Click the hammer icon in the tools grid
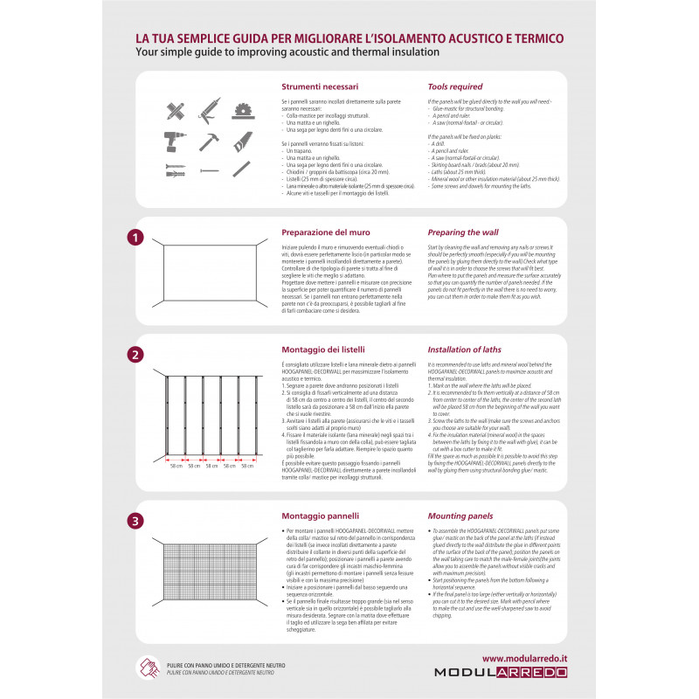point(208,141)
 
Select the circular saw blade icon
point(242,110)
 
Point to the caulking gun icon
point(208,110)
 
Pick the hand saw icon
point(242,141)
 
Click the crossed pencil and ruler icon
point(176,111)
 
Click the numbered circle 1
point(135,236)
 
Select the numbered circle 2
point(135,355)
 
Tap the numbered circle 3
point(135,521)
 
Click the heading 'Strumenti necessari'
point(320,87)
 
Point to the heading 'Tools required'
point(454,87)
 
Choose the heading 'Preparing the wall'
point(463,232)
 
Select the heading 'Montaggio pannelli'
point(320,516)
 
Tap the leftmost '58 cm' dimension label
point(176,466)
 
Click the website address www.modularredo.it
point(523,658)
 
